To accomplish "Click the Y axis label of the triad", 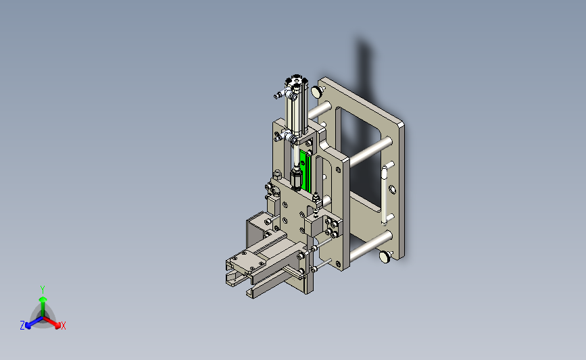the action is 43,290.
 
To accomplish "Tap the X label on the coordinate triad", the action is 63,326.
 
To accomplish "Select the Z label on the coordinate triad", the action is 22,326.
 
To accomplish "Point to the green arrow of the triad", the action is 43,307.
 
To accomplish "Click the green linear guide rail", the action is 306,170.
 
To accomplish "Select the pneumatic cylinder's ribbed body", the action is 296,111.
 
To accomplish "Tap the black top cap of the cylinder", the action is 296,80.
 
